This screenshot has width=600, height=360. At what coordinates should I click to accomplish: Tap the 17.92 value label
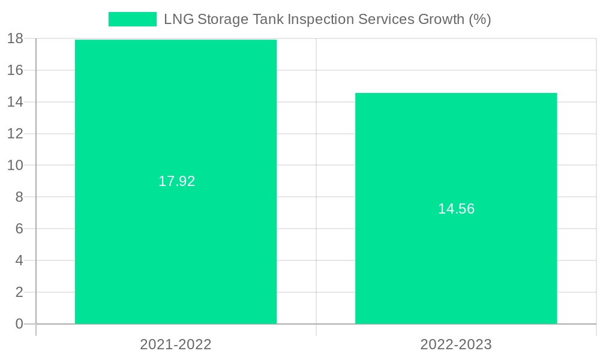pos(176,181)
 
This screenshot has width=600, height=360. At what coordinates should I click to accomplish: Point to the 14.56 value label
pos(456,209)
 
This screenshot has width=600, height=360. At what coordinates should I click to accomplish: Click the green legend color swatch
pos(132,19)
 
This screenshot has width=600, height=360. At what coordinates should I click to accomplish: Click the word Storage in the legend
pos(221,19)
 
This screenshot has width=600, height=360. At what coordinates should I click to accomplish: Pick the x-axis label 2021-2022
pos(176,344)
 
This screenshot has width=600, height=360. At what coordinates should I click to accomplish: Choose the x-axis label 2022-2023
pos(456,344)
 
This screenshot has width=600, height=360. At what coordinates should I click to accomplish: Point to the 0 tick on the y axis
pos(19,324)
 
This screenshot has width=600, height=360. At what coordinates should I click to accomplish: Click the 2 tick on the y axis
pos(19,292)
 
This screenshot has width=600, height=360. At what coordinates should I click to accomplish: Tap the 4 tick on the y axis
pos(19,260)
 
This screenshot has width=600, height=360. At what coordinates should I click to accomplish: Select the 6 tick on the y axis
pos(19,229)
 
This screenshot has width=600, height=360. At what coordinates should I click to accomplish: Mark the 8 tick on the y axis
pos(19,197)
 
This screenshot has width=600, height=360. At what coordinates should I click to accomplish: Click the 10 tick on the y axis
pos(15,165)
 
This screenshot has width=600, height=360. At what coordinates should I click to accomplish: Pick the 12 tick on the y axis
pos(15,133)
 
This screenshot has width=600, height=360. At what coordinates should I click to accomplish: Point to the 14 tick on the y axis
pos(15,102)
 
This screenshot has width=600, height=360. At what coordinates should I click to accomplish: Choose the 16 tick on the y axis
pos(15,70)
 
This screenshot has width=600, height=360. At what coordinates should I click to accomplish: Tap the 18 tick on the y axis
pos(15,38)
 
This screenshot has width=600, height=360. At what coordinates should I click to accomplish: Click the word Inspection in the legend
pos(321,19)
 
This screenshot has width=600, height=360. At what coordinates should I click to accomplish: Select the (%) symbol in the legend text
pos(479,19)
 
